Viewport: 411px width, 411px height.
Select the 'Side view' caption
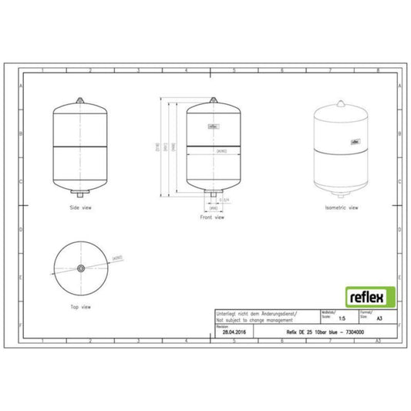click(x=80, y=208)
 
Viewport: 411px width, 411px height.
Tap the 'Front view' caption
click(x=213, y=217)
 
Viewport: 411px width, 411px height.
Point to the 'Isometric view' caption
click(x=343, y=208)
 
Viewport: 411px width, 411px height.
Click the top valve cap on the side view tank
click(x=80, y=99)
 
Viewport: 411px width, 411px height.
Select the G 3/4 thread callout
click(x=224, y=199)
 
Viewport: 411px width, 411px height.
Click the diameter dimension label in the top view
click(x=117, y=256)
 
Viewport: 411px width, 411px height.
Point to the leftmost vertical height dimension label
click(x=158, y=147)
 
